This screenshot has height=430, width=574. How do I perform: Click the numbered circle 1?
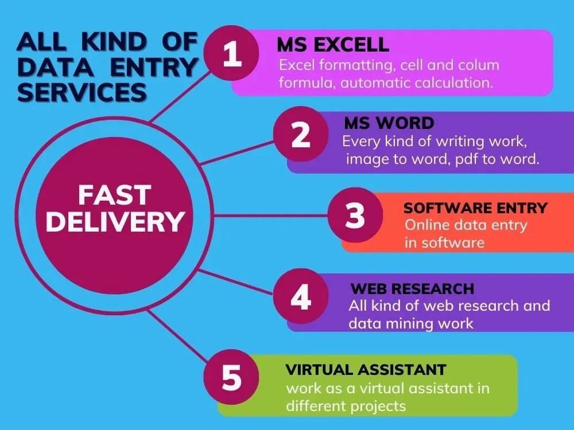231,53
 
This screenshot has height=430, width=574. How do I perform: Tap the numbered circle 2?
301,134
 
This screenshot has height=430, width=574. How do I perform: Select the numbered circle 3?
355,215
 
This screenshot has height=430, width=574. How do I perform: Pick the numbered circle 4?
301,296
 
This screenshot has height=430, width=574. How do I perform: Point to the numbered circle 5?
231,377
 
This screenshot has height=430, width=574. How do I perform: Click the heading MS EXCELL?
333,45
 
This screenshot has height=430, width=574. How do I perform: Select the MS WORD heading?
389,123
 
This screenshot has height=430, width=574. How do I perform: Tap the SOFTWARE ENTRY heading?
475,208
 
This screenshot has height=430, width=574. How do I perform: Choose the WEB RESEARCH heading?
412,289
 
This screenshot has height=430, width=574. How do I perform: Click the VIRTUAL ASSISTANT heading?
366,370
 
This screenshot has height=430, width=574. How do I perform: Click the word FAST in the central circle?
115,195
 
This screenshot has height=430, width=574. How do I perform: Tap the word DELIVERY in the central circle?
115,221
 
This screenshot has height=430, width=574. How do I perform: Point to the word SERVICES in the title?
82,92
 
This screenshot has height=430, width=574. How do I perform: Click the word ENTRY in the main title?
154,67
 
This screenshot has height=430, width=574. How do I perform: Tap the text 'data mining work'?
411,323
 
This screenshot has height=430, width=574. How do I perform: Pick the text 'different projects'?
346,406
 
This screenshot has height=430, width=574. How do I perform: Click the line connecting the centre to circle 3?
270,216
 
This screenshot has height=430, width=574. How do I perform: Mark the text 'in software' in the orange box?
444,243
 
